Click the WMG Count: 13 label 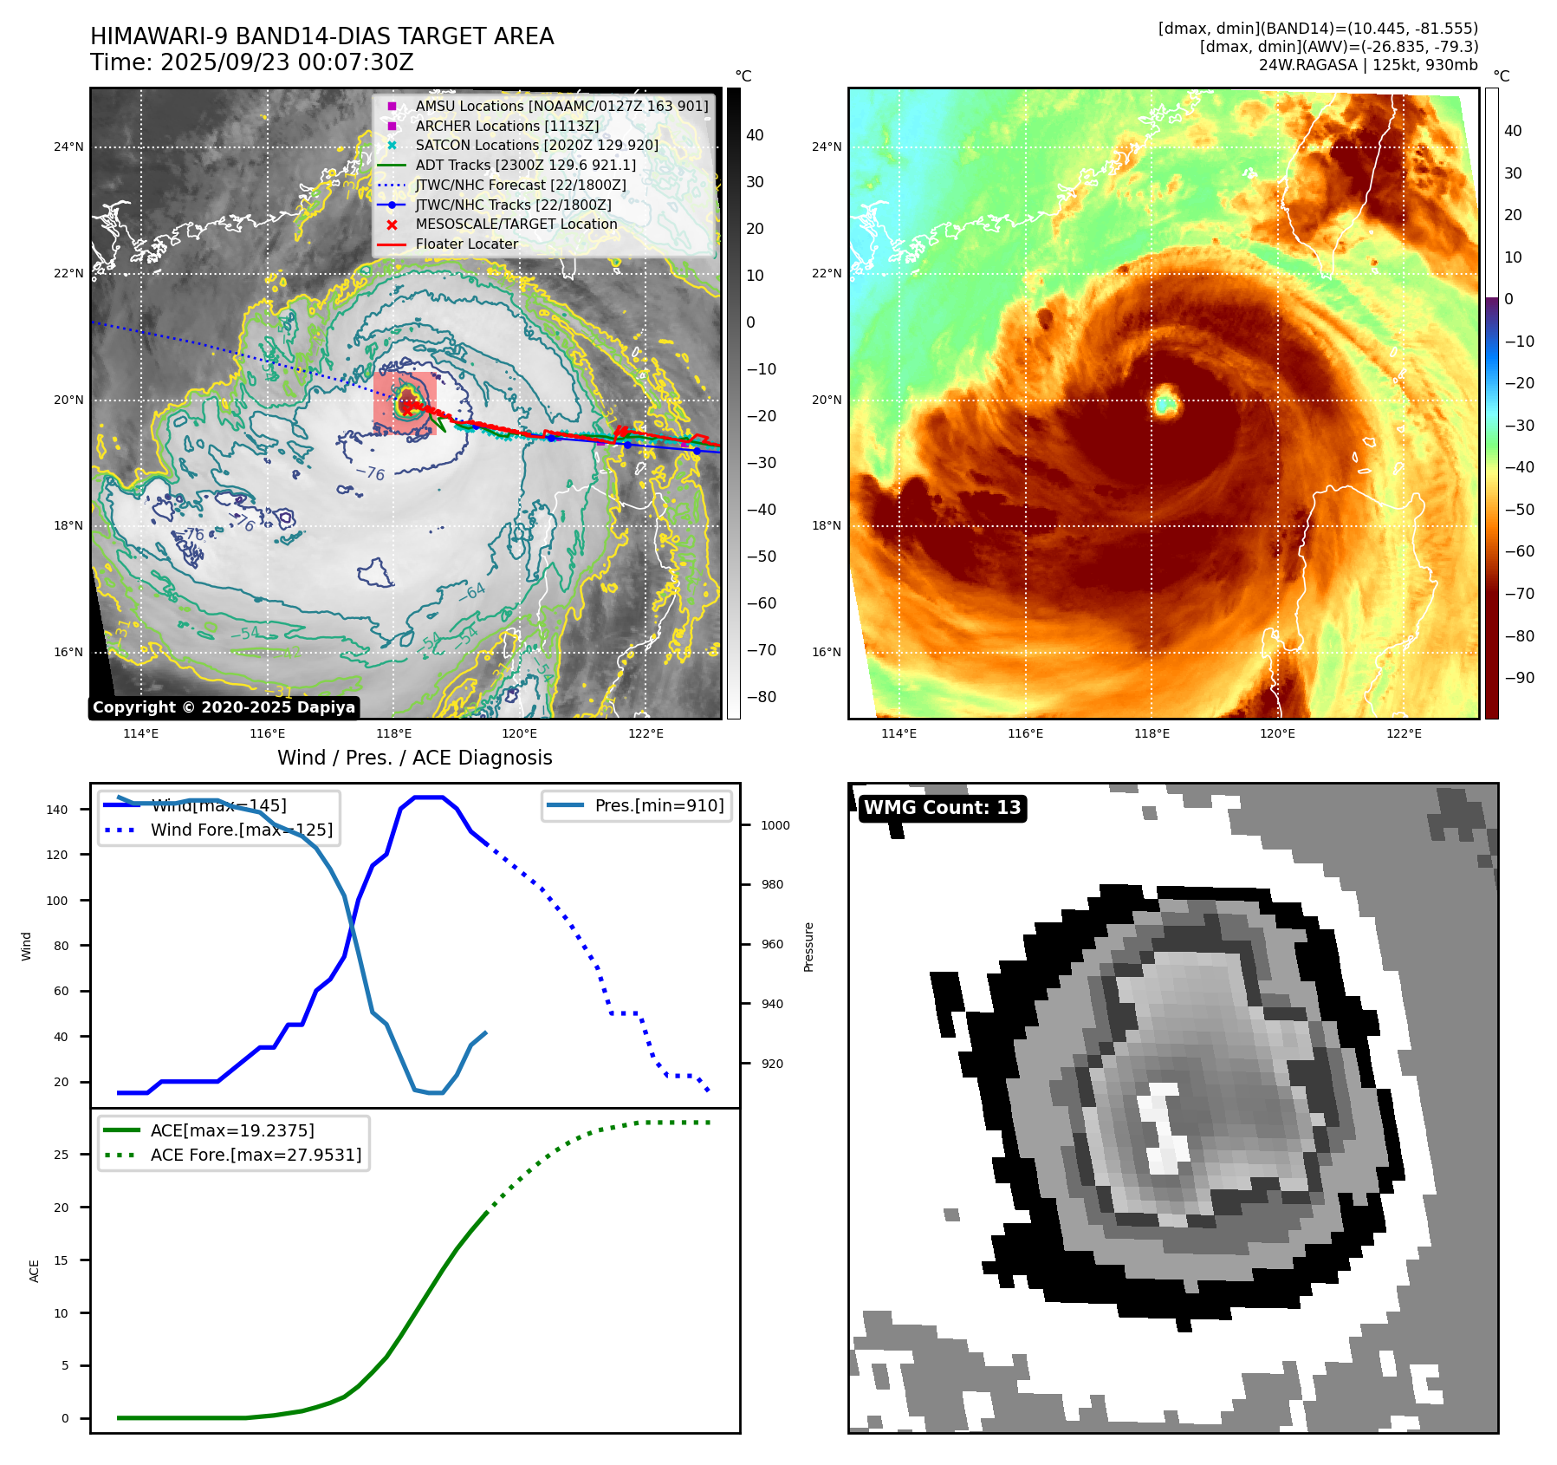coord(942,808)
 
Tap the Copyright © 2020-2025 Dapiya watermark coord(224,707)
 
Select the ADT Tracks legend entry coord(525,165)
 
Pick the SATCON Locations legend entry coord(536,145)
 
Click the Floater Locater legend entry coord(466,244)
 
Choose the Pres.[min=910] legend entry coord(658,805)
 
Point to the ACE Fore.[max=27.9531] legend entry coord(256,1155)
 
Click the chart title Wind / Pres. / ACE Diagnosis coord(414,758)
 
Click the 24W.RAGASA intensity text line coord(1368,65)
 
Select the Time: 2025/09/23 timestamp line coord(252,62)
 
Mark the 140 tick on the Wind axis coord(57,810)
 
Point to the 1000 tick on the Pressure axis coord(775,825)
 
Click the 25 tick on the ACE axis coord(61,1155)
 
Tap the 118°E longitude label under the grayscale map coord(393,733)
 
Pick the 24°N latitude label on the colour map coord(827,146)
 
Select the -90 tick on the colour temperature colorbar coord(1519,678)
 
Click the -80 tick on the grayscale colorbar coord(762,697)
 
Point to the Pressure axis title coord(808,947)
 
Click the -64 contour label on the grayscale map coord(471,592)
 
